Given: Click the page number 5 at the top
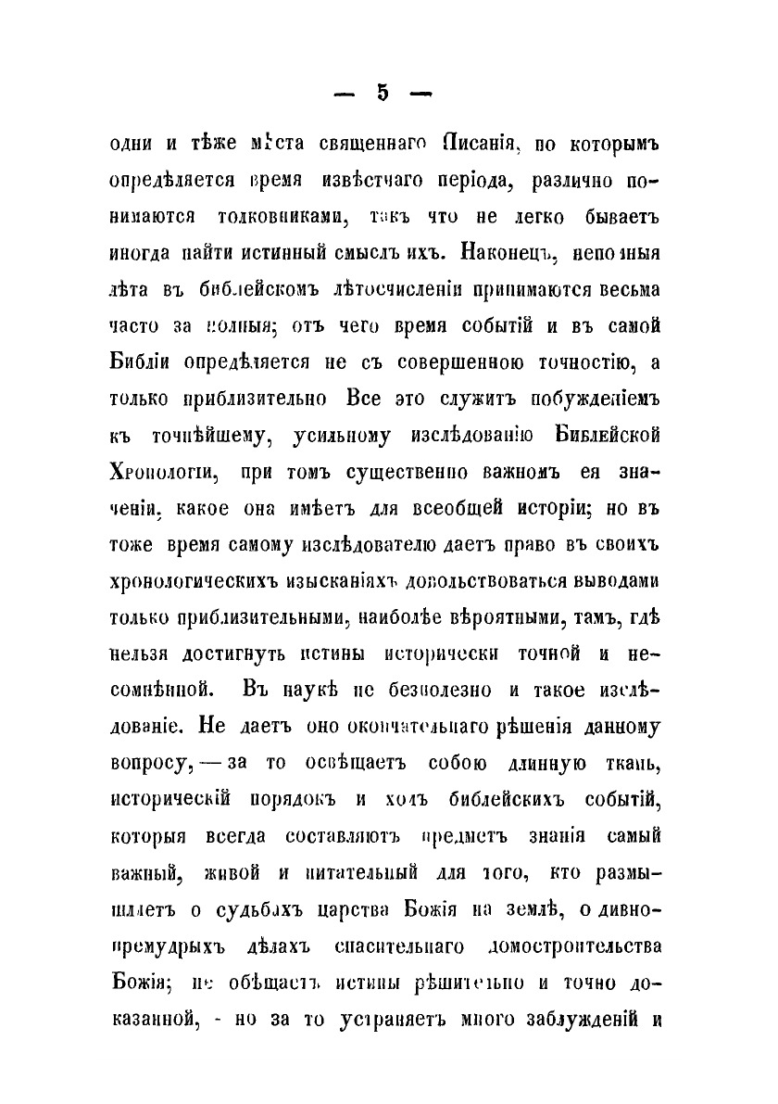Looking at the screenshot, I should coord(382,94).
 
